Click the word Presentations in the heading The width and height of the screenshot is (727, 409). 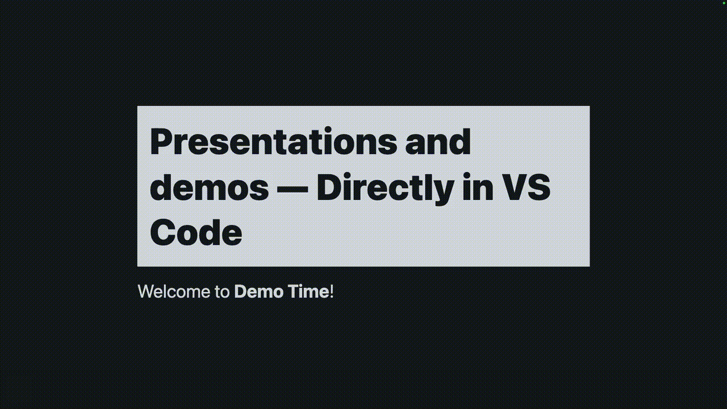273,142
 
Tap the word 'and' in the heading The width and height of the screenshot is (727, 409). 438,142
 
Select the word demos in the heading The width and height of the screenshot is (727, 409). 209,187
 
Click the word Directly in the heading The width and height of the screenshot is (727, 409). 385,187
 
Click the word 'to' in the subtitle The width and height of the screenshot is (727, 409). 222,292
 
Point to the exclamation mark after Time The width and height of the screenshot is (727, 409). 332,292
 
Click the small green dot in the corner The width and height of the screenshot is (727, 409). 724,3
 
